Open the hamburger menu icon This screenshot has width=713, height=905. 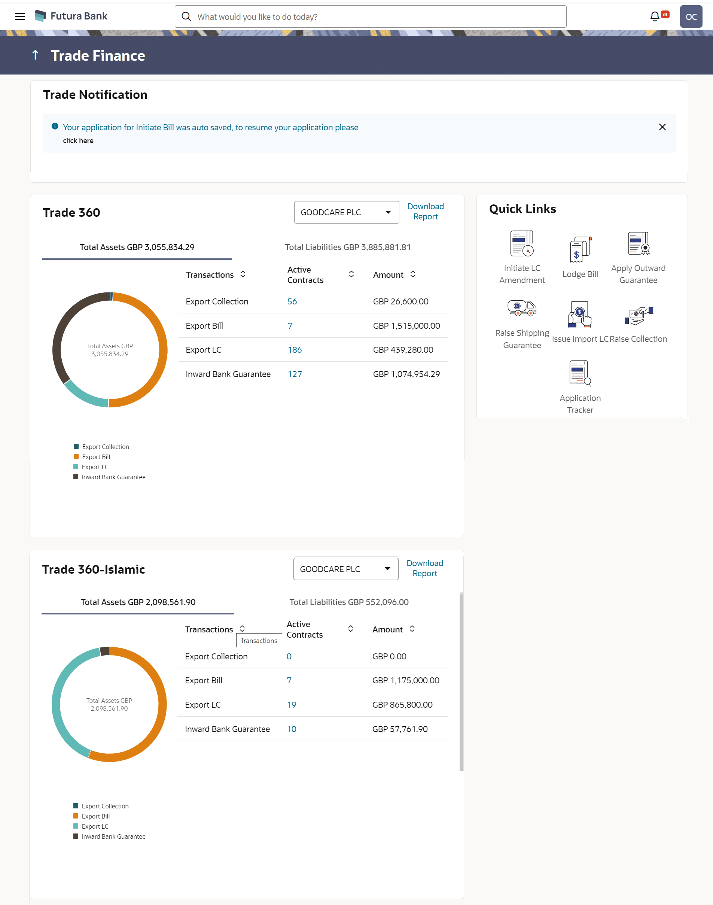point(20,17)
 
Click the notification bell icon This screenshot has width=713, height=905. point(655,17)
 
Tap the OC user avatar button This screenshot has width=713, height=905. point(691,17)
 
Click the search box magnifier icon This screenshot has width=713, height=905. point(186,17)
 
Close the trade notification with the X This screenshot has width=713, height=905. point(662,127)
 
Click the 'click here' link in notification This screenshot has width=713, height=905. point(78,141)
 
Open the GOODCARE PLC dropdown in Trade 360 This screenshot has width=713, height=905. point(346,212)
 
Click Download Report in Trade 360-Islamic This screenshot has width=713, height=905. point(424,568)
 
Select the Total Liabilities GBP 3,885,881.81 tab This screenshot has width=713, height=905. point(348,247)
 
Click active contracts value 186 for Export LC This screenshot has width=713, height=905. point(295,350)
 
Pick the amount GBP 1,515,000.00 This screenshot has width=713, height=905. point(406,326)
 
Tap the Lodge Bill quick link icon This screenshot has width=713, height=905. point(580,250)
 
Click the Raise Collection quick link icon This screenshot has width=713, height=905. point(638,316)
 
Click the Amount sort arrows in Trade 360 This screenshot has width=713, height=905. point(412,274)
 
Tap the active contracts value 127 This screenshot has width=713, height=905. point(295,374)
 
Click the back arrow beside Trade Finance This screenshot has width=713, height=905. point(36,55)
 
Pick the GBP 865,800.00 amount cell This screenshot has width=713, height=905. point(402,705)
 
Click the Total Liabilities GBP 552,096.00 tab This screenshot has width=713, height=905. point(349,602)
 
